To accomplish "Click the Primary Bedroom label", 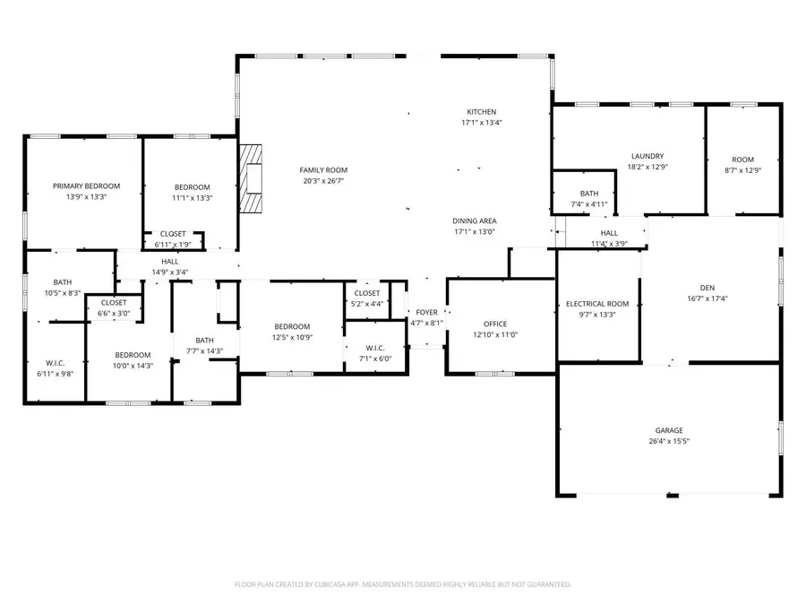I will [x=86, y=186].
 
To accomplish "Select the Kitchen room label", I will [x=481, y=112].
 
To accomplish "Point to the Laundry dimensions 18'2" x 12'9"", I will [x=647, y=167].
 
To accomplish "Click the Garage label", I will [x=669, y=430].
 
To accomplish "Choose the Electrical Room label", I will [x=597, y=304].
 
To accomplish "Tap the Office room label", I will [x=495, y=324].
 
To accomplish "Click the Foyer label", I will [x=427, y=312].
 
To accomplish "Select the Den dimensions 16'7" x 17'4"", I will [x=707, y=298].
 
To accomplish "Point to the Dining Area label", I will [x=475, y=220].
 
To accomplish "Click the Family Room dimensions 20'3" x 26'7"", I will [x=323, y=180].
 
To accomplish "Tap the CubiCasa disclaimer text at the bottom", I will [x=402, y=584].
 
